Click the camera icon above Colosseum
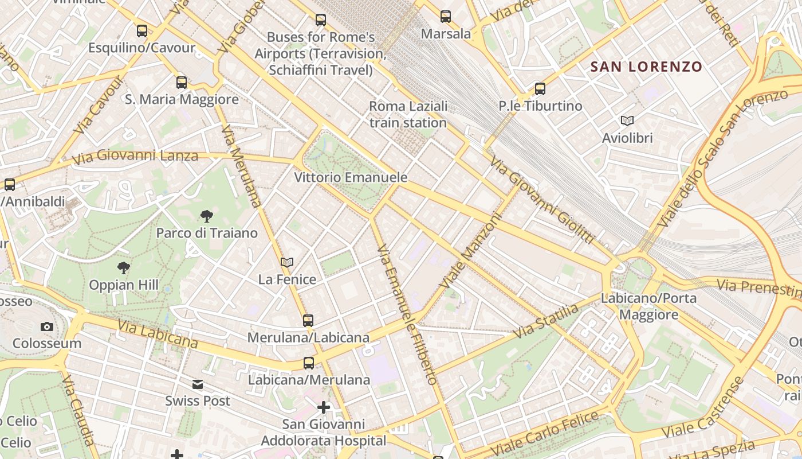coord(47,326)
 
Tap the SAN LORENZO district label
coord(646,67)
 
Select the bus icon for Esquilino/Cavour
coord(141,31)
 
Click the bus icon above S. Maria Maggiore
coord(182,83)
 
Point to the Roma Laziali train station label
coord(408,114)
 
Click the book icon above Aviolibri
coord(627,120)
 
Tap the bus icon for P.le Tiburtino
coord(540,89)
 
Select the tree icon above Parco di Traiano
coord(207,216)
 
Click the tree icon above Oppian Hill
coord(123,267)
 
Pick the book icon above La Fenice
coord(287,262)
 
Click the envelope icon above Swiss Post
coord(198,384)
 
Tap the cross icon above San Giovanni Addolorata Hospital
coord(324,407)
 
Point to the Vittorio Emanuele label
coord(351,177)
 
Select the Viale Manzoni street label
coord(471,251)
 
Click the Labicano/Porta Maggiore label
coord(648,306)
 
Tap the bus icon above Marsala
coord(446,17)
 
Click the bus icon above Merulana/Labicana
coord(308,320)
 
